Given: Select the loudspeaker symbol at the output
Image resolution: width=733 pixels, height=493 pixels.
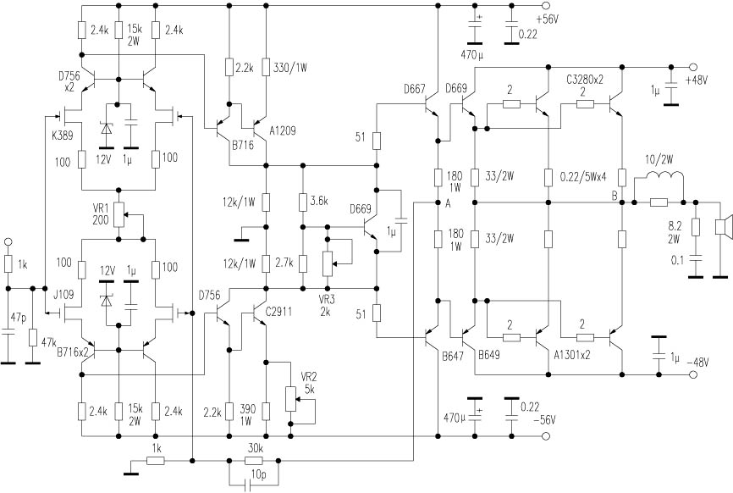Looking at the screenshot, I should [x=721, y=226].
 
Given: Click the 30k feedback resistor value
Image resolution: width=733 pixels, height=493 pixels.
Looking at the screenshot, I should [x=255, y=450].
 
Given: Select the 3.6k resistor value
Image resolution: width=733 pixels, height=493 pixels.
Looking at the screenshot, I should [x=318, y=200].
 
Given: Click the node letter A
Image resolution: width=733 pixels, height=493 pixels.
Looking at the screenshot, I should [x=446, y=203].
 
